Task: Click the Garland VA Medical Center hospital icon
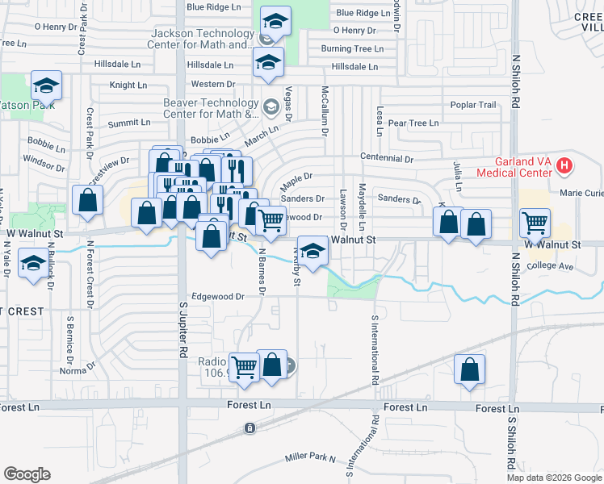[564, 166]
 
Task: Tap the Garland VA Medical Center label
[514, 167]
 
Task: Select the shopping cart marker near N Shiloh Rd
[535, 223]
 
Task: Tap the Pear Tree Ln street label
[413, 123]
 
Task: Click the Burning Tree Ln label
[351, 49]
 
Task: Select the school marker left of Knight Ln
[47, 85]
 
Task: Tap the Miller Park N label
[310, 457]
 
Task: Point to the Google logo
[27, 474]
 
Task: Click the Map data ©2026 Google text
[555, 478]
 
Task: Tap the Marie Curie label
[581, 194]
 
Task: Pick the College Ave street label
[549, 265]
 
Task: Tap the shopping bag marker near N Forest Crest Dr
[87, 201]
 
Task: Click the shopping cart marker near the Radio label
[244, 367]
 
